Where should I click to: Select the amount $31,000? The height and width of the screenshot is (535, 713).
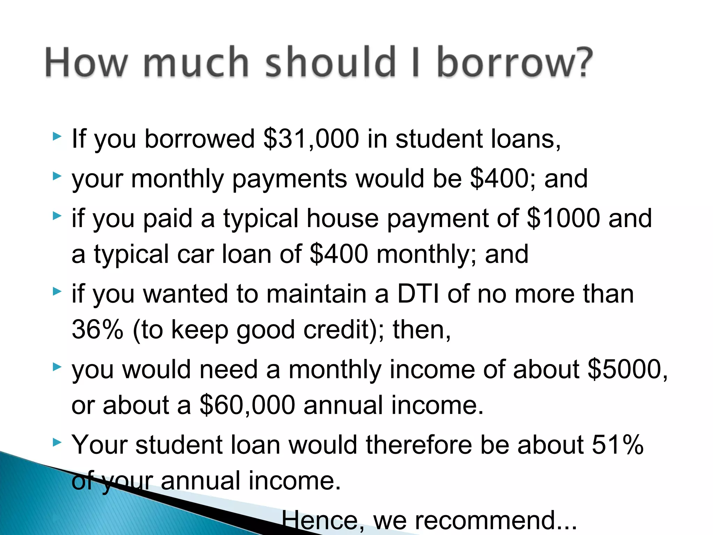pos(311,139)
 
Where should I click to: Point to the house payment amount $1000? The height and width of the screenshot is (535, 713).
pos(563,218)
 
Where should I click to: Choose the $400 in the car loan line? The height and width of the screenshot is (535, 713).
pos(339,254)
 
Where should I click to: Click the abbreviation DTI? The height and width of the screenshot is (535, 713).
pos(418,294)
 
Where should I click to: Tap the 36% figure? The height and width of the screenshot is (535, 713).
pos(97,329)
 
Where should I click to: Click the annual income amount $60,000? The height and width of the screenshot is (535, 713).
pos(248,405)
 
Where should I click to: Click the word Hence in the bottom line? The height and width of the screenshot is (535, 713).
pos(323,520)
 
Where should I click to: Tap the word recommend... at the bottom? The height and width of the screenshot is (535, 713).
pos(496,520)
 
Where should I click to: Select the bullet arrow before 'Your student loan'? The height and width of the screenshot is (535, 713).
pos(57,443)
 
